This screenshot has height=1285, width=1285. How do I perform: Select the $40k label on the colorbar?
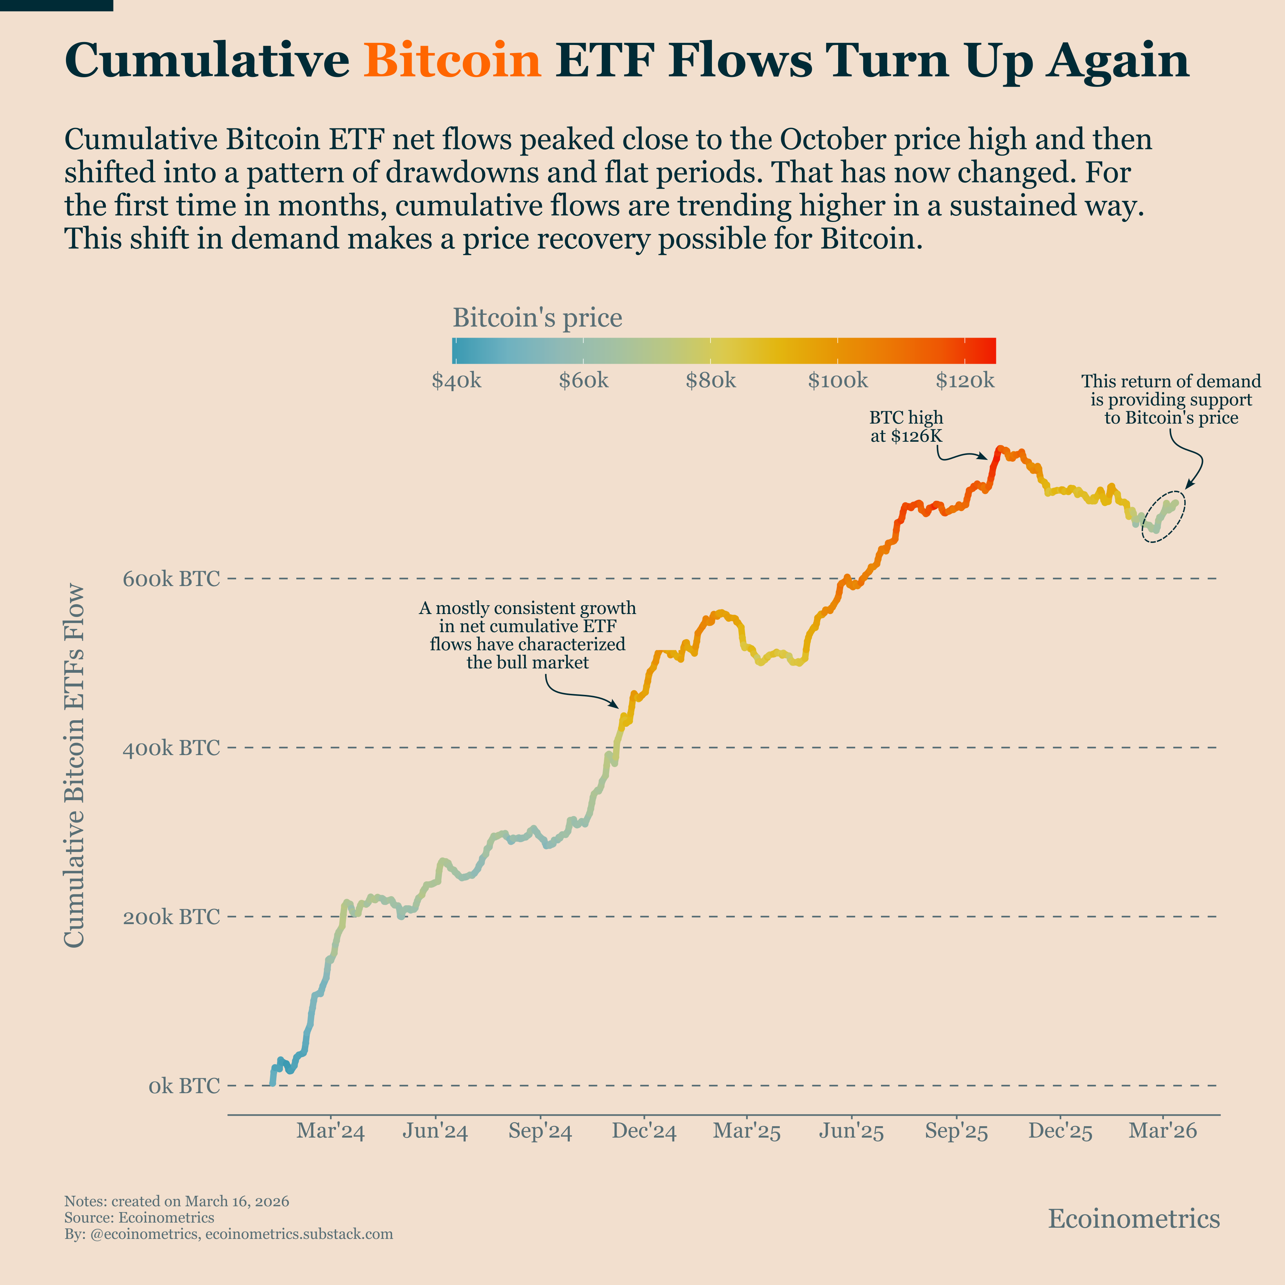[x=456, y=381]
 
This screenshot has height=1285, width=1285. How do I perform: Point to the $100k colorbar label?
[x=838, y=381]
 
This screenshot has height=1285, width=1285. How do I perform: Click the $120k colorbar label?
[x=965, y=381]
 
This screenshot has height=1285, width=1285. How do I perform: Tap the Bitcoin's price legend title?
[x=538, y=318]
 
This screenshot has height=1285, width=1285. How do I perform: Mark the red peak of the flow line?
[x=999, y=450]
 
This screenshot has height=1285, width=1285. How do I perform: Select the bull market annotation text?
[x=527, y=635]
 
